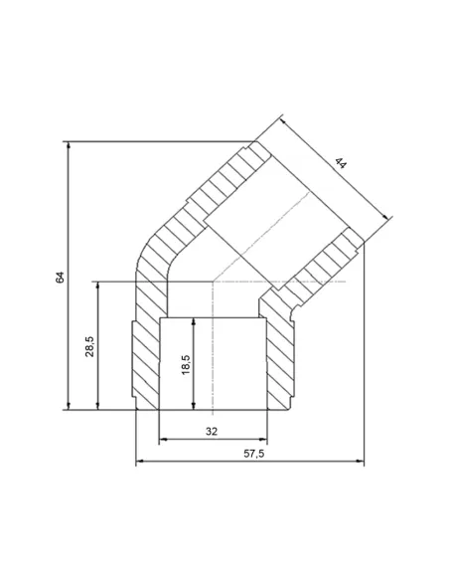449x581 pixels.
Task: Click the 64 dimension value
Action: point(60,277)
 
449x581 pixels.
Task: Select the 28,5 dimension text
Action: point(88,345)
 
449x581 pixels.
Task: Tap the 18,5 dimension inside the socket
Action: point(185,363)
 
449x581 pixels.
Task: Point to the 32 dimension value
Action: point(211,431)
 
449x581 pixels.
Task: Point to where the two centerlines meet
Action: point(213,282)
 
